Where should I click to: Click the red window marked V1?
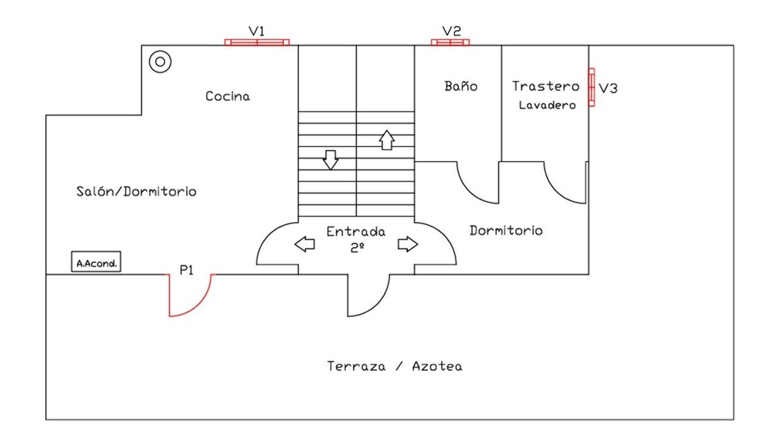(257, 43)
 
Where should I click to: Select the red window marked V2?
(450, 43)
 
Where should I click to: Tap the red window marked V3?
(592, 87)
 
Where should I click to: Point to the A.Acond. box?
(96, 262)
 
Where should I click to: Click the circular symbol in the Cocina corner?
(160, 62)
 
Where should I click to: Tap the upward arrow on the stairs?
(387, 140)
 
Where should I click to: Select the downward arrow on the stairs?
(330, 160)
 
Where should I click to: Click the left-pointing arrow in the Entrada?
(305, 244)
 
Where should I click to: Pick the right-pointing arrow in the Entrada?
(408, 244)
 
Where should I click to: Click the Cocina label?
(227, 96)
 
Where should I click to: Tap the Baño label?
(461, 86)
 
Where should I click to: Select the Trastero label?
(546, 86)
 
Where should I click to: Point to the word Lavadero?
(547, 105)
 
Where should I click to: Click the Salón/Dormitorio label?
(136, 191)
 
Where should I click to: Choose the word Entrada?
(356, 231)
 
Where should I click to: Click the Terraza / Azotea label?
(395, 366)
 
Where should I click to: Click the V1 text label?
(257, 31)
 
